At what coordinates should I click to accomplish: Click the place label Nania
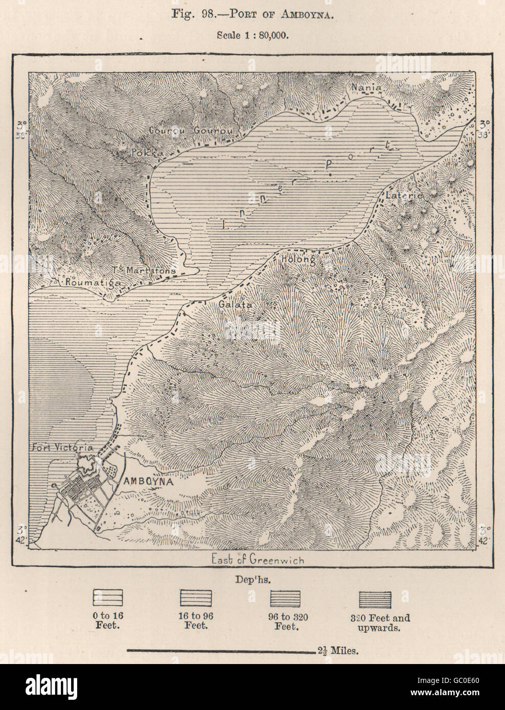point(365,87)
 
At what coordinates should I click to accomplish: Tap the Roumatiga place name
point(89,281)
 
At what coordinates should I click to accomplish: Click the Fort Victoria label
point(68,447)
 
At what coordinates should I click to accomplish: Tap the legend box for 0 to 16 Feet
point(108,598)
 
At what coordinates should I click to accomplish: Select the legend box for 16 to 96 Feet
point(196,598)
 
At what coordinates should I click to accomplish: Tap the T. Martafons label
point(145,270)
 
